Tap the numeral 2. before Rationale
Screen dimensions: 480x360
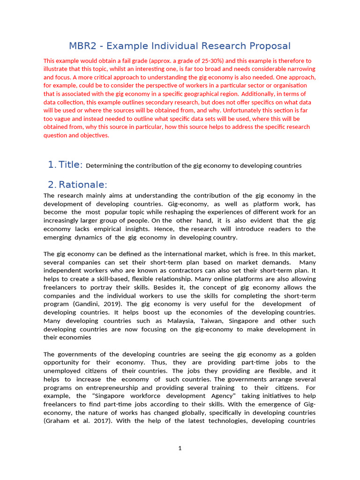click(52, 185)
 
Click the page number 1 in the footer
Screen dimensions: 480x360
click(180, 448)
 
